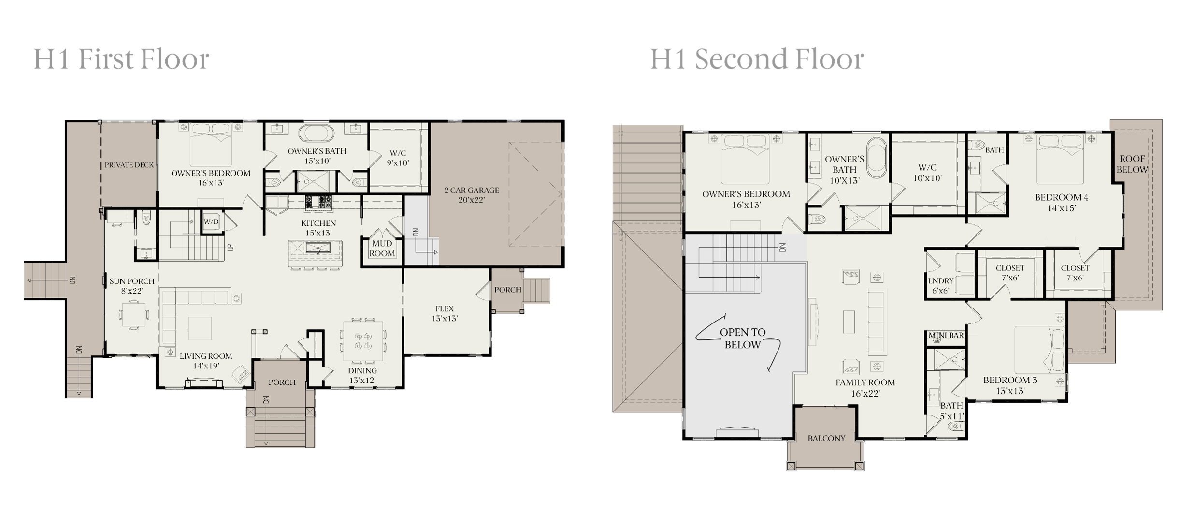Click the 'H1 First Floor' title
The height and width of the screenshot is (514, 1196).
121,59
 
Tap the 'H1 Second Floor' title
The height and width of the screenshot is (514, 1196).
757,59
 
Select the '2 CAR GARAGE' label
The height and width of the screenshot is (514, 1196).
472,190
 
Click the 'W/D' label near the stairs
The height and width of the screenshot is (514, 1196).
211,222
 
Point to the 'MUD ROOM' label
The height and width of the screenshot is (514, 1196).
382,248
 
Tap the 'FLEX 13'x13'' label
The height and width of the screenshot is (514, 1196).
445,313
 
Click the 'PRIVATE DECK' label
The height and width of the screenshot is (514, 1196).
129,165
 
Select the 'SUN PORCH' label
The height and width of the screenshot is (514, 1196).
132,281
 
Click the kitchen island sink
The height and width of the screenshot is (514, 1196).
317,249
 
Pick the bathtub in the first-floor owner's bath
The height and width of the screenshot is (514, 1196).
316,133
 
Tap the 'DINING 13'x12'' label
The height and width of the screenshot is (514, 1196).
362,375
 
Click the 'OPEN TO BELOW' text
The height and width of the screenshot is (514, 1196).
743,338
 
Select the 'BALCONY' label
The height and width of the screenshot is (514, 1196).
826,438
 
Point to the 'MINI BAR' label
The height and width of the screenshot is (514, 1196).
946,336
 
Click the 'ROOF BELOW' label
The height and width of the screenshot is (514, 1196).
1132,164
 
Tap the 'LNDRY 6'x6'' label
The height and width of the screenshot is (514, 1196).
941,286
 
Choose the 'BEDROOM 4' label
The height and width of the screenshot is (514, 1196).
1061,197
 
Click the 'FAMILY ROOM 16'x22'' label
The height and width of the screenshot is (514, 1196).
865,388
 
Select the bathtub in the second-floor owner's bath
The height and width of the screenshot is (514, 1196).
877,158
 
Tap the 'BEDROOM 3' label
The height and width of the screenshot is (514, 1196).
1010,380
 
